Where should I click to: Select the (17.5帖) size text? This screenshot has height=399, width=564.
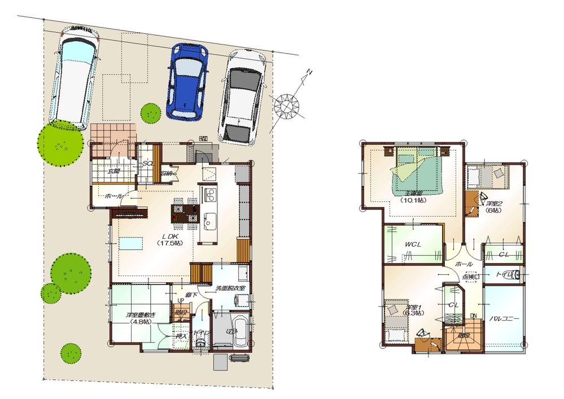click(170, 243)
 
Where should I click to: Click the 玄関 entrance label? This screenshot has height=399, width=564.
click(113, 170)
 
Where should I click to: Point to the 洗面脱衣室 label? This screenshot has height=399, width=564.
click(230, 288)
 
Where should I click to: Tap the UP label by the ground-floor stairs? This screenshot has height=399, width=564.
click(181, 308)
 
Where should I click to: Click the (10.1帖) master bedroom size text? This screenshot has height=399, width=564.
click(414, 200)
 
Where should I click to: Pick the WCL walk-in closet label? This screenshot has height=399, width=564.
click(413, 244)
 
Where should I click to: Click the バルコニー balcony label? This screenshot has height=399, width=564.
click(504, 319)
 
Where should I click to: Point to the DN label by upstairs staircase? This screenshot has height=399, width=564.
click(474, 316)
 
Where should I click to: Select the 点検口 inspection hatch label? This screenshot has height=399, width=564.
click(470, 277)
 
